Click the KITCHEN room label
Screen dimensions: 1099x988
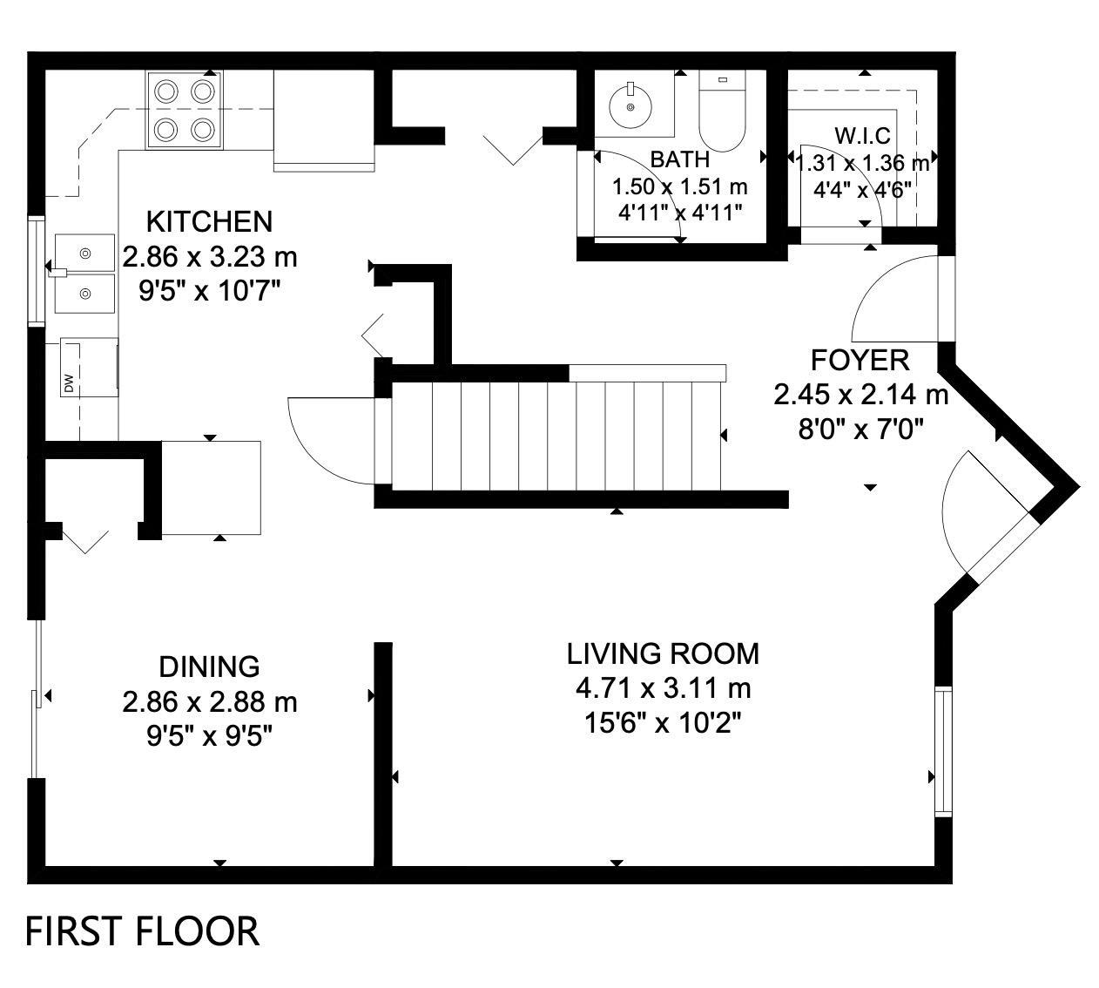(x=209, y=222)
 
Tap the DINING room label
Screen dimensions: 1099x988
(x=209, y=667)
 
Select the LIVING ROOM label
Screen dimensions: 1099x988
(x=663, y=653)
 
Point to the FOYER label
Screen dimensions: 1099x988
(x=860, y=361)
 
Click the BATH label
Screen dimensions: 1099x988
(x=679, y=159)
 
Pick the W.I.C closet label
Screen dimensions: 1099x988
(x=862, y=136)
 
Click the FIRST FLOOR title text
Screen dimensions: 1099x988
(x=142, y=931)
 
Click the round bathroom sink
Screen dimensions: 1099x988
(x=630, y=107)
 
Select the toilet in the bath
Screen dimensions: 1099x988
(x=722, y=112)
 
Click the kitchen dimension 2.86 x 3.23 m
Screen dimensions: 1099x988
(x=210, y=257)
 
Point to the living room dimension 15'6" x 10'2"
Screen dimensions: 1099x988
(x=663, y=724)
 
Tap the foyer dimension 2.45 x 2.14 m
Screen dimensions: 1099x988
(x=861, y=396)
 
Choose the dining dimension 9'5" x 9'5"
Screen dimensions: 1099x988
(x=209, y=737)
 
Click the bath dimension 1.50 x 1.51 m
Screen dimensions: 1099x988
(x=679, y=186)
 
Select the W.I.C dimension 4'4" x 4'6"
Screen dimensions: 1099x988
(x=862, y=190)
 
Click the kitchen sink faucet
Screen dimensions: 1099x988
(x=57, y=273)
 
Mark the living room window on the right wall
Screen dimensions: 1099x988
(x=944, y=752)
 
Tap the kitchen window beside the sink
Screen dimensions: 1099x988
(x=37, y=271)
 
